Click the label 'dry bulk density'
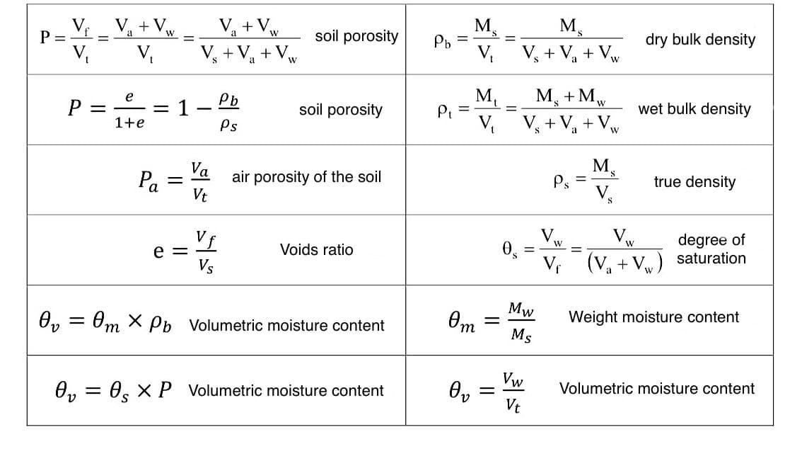[700, 40]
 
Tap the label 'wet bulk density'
[695, 109]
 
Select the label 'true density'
[695, 182]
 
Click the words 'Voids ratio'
[316, 250]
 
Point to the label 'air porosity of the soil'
[306, 177]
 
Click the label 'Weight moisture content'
[653, 317]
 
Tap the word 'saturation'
[711, 258]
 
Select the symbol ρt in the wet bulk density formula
[444, 110]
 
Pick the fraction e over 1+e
[129, 109]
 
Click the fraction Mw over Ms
[521, 322]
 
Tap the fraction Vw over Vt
[513, 392]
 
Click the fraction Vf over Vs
[206, 251]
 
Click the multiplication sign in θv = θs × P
[144, 391]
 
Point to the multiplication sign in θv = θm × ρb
[135, 321]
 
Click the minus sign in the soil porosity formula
[204, 108]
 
